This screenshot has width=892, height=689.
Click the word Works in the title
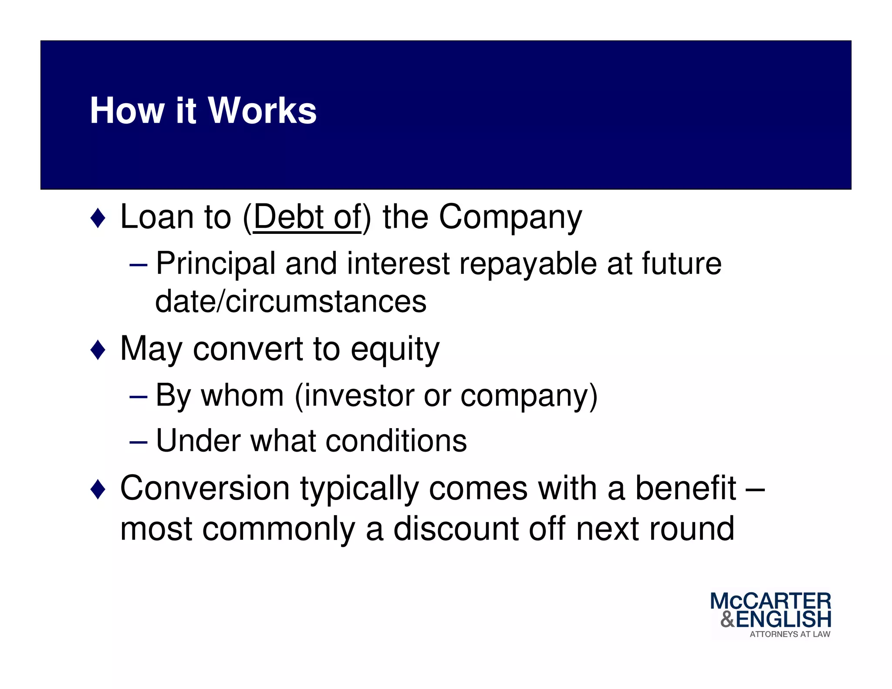(262, 111)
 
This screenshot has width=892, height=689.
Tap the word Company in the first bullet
(510, 217)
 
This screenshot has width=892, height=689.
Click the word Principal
(216, 264)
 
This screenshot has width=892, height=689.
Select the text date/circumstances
(291, 301)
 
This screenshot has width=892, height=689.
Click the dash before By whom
(139, 397)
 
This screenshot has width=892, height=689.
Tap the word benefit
(686, 488)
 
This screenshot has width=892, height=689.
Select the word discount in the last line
(456, 529)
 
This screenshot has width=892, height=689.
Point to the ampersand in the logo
(727, 619)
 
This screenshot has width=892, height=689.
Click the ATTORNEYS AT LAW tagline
(789, 635)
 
